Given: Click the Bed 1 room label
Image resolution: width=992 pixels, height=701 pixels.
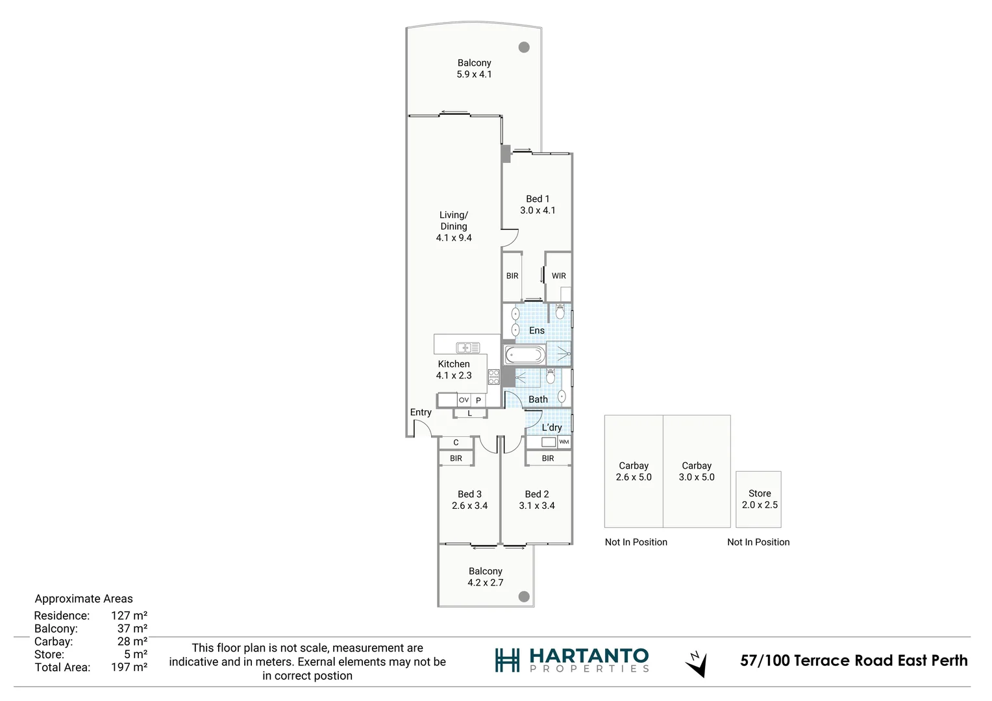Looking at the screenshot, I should point(538,204).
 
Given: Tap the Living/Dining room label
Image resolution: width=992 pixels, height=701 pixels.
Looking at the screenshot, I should point(454,226).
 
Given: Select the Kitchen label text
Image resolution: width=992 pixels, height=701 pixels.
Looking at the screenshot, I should point(454,364).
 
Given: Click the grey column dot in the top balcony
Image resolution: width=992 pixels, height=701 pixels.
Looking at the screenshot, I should point(524,47).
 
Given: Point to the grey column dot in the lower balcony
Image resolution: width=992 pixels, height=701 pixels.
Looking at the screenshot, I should point(524,596).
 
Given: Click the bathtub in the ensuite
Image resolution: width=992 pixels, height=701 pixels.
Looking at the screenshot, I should point(525,354).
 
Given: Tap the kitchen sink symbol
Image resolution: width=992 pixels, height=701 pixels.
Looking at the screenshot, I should point(467,348).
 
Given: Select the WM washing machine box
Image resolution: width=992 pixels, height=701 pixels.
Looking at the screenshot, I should point(564,442).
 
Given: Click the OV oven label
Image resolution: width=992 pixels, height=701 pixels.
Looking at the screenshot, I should point(464,400).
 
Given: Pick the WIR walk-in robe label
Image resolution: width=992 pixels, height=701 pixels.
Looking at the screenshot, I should point(558,276).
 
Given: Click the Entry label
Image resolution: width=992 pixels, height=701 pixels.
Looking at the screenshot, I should point(421,412).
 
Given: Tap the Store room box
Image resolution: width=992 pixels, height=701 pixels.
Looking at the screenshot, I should point(758,499).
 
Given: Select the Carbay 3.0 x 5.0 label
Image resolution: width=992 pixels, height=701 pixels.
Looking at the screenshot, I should point(697,471).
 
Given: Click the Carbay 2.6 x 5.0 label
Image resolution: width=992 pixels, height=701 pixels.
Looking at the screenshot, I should point(634,471).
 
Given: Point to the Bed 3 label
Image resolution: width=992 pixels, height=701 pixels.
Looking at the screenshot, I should point(469,500).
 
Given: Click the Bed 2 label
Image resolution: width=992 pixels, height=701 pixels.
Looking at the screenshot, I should point(537,500).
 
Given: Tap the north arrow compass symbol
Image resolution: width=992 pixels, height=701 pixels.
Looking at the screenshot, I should point(697,663).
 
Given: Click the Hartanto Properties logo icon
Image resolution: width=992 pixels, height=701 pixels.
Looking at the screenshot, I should point(507,660).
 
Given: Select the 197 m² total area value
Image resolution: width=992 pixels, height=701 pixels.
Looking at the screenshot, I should point(129,667).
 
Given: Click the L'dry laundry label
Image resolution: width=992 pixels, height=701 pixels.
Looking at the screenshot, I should point(552,427).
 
